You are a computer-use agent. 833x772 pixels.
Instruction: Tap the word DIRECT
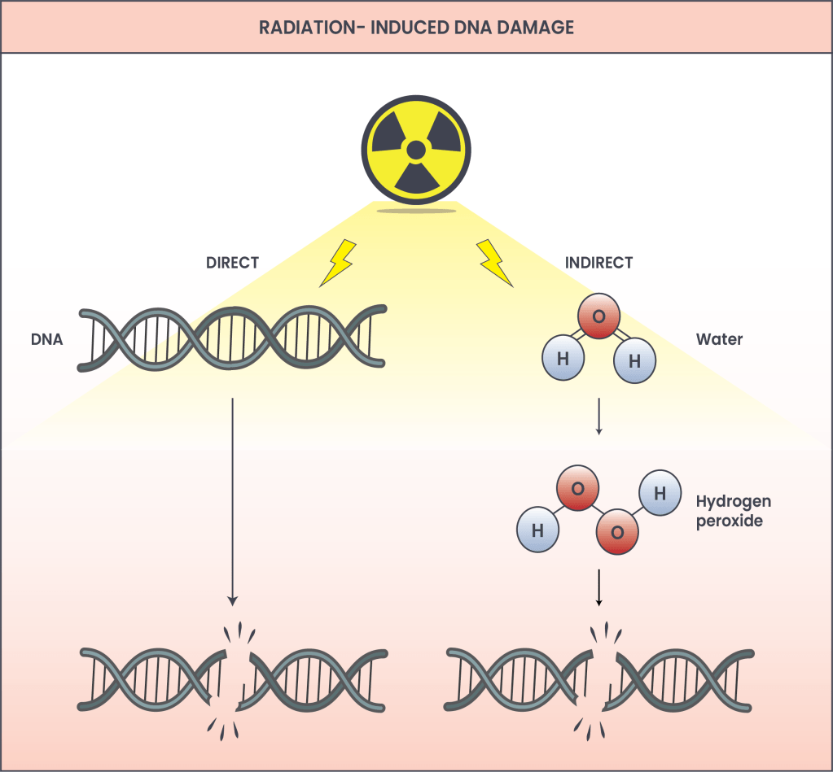[x=232, y=263]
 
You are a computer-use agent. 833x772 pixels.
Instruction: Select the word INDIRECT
[x=598, y=263]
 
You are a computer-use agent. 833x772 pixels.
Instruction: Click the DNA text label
[x=46, y=339]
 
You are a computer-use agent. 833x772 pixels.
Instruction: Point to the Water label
[x=719, y=339]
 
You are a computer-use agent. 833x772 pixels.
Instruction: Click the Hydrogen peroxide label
[x=733, y=511]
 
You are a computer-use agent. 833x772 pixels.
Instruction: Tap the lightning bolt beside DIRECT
[x=336, y=262]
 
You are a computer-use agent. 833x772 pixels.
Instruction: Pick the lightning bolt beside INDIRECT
[x=494, y=263]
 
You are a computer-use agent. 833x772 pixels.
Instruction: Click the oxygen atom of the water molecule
[x=598, y=316]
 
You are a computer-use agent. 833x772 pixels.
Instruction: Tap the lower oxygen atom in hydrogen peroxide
[x=617, y=532]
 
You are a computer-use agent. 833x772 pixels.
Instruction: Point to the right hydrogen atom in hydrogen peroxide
[x=660, y=493]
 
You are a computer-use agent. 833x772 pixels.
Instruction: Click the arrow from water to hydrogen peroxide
[x=599, y=416]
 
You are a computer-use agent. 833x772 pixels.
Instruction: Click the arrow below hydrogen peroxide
[x=599, y=587]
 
